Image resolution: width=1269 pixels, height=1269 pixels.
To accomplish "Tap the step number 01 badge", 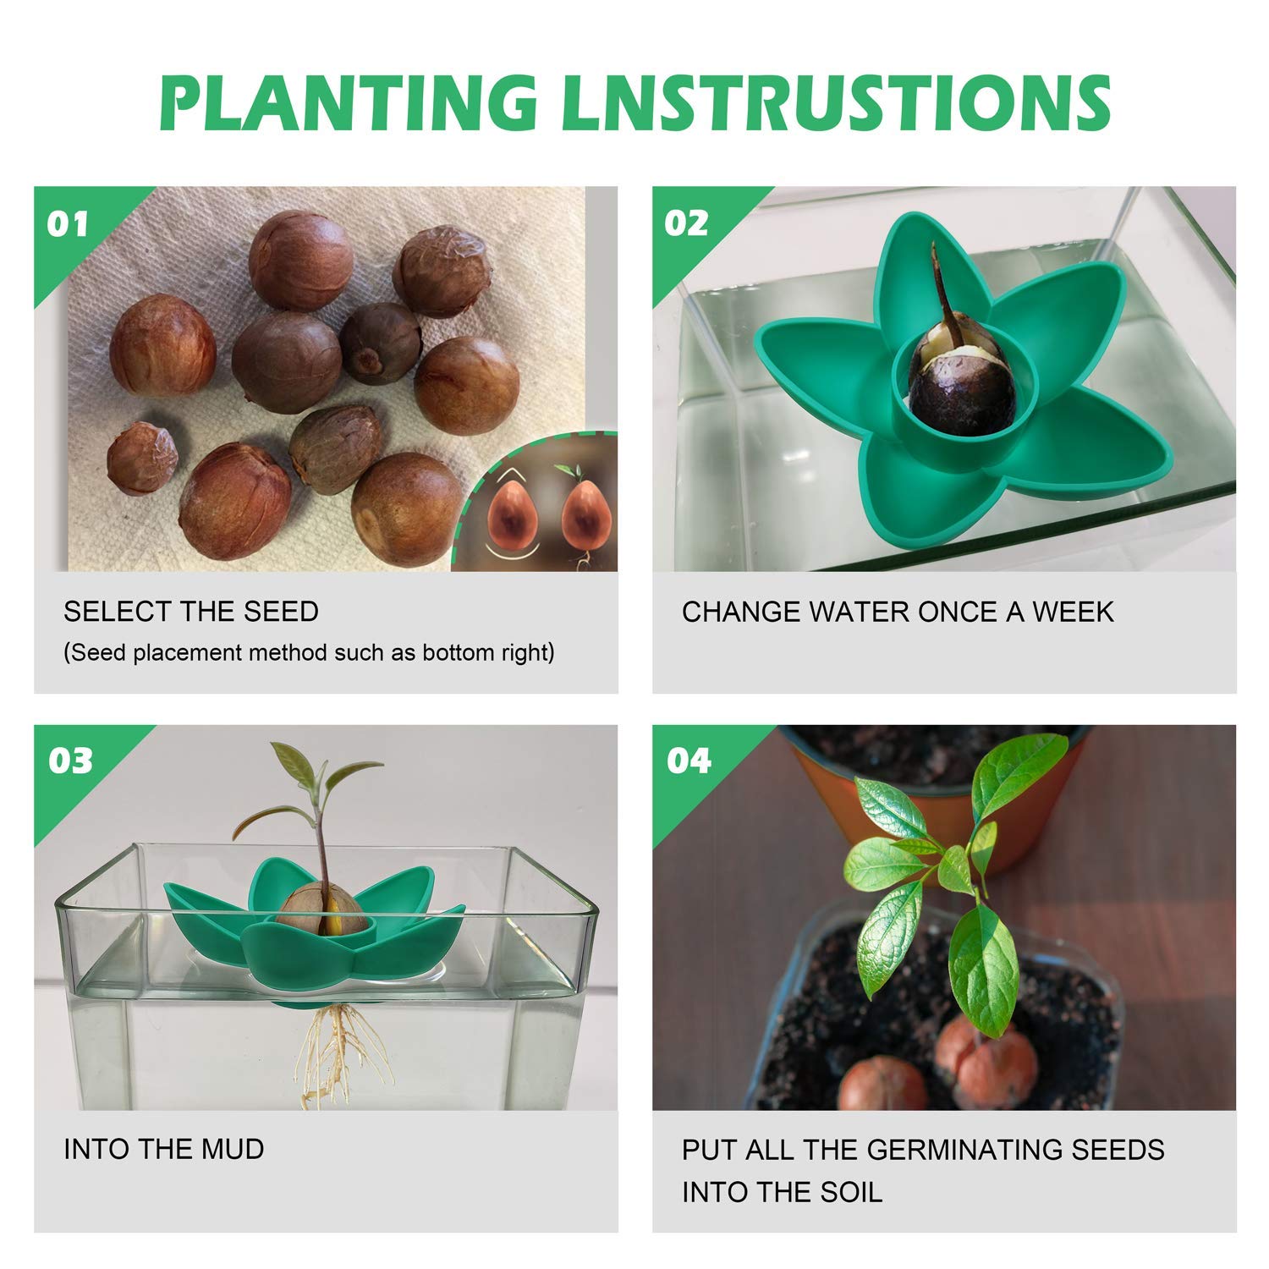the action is click(68, 224).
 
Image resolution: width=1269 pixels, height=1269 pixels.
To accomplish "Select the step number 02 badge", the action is click(686, 223).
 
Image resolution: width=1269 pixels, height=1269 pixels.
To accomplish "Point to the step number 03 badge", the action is click(70, 761).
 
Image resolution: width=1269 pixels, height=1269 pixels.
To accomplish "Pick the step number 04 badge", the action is click(689, 761).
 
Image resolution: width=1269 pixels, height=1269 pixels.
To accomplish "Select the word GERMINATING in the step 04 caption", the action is click(959, 1150).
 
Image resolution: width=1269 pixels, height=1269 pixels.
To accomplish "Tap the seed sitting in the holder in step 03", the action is click(322, 911).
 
